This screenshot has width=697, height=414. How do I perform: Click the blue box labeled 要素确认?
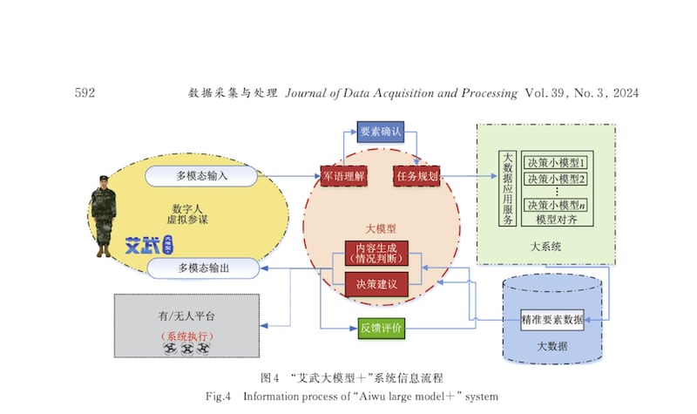381,132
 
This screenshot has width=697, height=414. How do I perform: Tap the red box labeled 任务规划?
417,175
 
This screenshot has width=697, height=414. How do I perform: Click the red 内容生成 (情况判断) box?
376,253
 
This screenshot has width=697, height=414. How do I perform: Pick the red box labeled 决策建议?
376,283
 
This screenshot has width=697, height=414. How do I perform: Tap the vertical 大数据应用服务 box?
507,188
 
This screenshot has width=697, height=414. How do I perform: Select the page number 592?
85,92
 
